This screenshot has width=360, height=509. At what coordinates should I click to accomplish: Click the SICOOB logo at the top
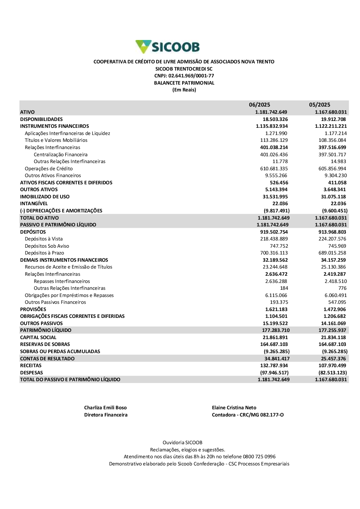(x=167, y=47)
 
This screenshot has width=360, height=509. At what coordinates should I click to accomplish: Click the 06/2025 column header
(x=259, y=105)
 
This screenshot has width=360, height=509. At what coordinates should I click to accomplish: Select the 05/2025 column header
(x=319, y=105)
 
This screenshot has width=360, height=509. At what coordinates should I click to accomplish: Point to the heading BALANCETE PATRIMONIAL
(x=184, y=83)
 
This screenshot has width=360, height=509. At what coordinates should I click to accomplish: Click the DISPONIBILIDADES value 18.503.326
(x=275, y=119)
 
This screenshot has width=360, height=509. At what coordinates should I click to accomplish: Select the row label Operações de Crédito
(x=49, y=168)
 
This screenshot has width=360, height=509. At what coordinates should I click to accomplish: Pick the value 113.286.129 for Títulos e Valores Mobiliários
(x=274, y=140)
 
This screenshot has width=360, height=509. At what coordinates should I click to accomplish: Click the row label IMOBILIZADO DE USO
(x=45, y=197)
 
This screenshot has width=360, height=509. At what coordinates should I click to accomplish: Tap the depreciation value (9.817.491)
(x=276, y=211)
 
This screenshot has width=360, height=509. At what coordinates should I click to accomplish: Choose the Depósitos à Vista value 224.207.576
(x=332, y=239)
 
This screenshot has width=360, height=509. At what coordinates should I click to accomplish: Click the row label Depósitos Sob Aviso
(x=47, y=246)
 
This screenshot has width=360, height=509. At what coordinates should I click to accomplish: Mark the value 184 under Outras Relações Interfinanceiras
(x=284, y=288)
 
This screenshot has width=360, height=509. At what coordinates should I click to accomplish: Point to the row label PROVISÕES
(x=33, y=309)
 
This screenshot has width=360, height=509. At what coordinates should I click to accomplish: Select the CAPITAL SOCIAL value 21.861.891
(x=275, y=337)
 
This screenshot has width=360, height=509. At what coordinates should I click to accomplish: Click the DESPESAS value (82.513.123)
(x=333, y=373)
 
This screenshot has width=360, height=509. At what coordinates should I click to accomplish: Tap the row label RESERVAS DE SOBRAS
(x=45, y=344)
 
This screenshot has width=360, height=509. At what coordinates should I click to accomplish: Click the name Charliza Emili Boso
(x=105, y=408)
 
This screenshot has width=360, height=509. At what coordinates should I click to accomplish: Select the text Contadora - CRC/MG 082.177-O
(x=248, y=415)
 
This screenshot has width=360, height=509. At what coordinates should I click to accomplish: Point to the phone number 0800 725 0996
(x=259, y=456)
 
